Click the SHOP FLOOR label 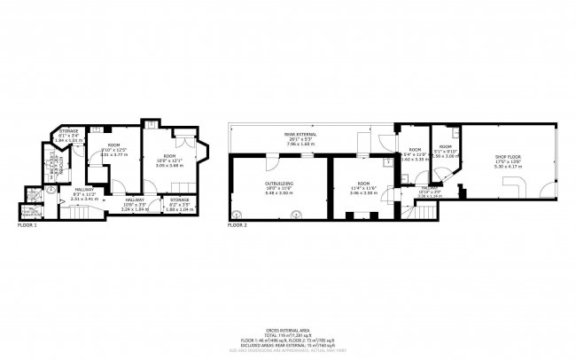(x=507, y=158)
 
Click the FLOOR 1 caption (x=27, y=226)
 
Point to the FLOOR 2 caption (x=237, y=226)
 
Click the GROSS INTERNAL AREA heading (x=287, y=328)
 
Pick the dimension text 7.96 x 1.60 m (x=276, y=144)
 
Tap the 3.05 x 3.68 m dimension (x=168, y=165)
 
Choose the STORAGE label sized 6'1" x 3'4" (x=68, y=130)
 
